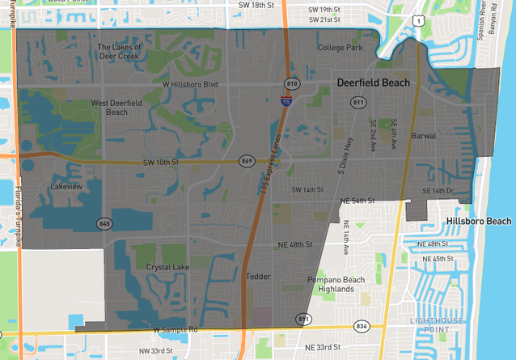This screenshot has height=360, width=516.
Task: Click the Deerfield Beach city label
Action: pos(373,83)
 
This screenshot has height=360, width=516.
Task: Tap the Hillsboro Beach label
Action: pos(478,221)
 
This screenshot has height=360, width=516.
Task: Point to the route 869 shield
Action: pos(247,162)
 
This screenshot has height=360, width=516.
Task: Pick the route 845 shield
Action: pos(104,223)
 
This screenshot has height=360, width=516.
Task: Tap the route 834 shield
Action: pos(361,325)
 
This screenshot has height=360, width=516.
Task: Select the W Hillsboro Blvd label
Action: pos(191,83)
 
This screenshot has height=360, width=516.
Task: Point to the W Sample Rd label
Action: pos(176,330)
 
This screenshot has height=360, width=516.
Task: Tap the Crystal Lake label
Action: pos(168,267)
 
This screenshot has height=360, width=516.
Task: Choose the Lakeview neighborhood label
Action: pos(66,186)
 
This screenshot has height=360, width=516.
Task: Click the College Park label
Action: pos(340,48)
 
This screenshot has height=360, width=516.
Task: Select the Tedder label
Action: pos(258,277)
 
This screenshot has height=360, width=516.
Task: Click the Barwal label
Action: pos(423,137)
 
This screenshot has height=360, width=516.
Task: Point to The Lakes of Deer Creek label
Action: pos(120,52)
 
